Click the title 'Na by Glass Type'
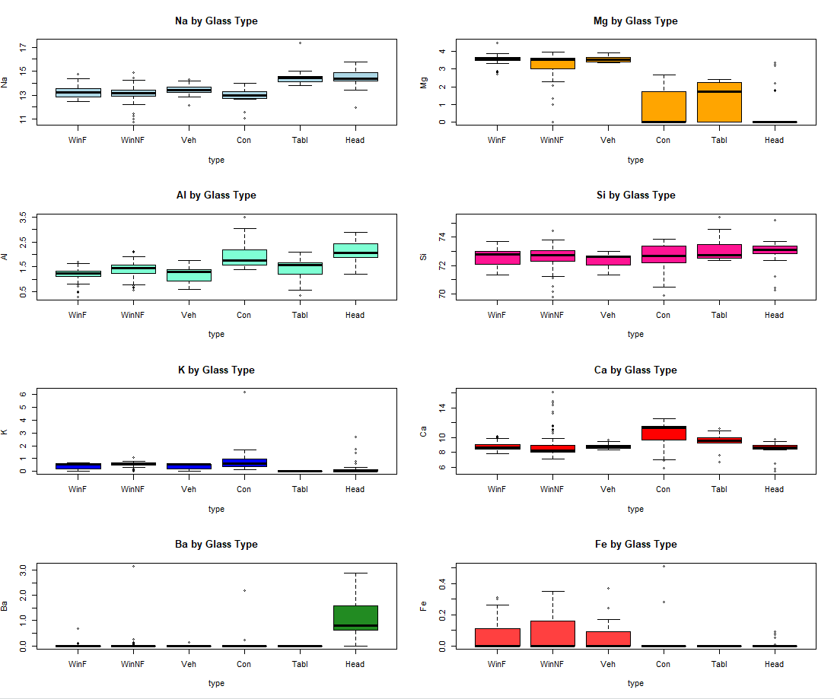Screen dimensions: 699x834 216,21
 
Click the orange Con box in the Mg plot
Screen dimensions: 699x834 663,106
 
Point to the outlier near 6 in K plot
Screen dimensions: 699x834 244,392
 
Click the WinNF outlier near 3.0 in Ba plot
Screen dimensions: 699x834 133,566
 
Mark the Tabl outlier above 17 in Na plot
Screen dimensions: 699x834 300,43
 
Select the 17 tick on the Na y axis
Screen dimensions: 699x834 24,47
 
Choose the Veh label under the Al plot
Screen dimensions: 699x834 189,315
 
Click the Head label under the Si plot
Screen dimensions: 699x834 774,315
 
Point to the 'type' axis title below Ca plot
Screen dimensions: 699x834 635,509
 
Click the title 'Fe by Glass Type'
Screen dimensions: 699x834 635,545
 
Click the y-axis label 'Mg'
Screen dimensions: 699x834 424,82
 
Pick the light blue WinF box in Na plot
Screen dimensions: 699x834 78,93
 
